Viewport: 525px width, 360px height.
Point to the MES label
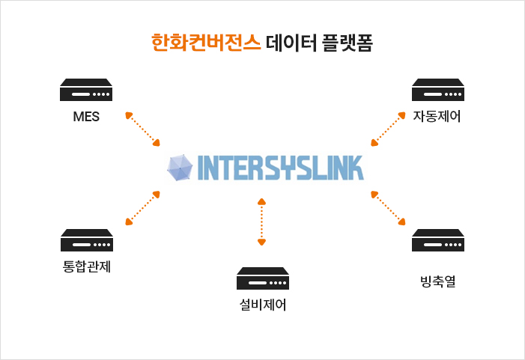86,117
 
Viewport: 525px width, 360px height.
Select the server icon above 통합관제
86,241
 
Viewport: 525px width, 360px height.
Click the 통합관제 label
86,266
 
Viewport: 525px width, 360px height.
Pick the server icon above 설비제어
262,279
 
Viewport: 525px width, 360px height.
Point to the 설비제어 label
262,305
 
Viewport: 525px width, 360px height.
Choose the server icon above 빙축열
438,241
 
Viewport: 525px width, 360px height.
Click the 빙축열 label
438,282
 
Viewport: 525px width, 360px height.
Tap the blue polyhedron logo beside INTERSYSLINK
180,168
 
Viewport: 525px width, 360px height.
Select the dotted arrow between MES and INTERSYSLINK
143,129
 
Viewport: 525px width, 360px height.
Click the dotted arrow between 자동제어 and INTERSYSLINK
389,129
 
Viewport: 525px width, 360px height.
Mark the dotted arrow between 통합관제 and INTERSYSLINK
143,207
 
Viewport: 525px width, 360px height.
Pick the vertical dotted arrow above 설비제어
261,222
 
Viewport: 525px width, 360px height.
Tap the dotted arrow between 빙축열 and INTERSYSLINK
389,207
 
